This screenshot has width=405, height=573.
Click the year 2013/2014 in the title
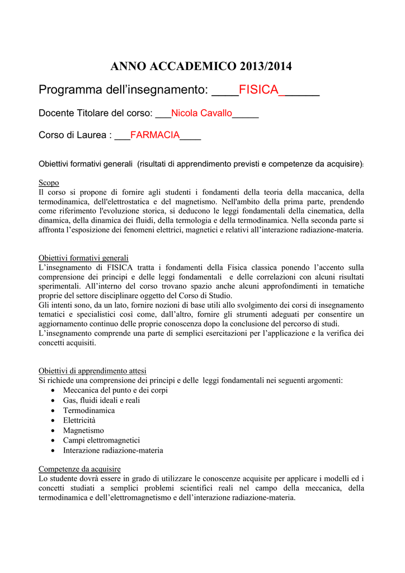(266, 67)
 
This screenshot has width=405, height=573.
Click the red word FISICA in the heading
(258, 90)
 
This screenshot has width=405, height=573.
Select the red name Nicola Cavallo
(201, 113)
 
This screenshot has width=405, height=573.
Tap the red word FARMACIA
(155, 135)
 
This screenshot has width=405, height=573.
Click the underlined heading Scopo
(49, 183)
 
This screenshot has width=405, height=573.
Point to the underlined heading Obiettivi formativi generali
(83, 258)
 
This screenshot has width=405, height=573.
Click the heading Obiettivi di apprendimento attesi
(92, 370)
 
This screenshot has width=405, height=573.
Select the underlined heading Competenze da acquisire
(79, 468)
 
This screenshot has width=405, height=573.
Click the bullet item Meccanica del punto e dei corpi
(115, 390)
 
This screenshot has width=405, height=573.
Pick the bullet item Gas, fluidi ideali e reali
(101, 400)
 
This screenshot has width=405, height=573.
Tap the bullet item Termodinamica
(89, 410)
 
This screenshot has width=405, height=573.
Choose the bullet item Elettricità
(79, 420)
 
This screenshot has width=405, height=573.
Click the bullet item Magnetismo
(83, 430)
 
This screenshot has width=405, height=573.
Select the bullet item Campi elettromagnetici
(101, 440)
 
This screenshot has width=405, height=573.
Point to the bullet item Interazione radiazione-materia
(113, 450)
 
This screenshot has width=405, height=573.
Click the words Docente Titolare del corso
(95, 113)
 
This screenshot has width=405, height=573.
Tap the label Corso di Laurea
(73, 135)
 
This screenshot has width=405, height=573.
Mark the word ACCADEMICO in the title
(195, 67)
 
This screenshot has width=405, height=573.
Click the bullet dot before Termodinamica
(53, 410)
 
